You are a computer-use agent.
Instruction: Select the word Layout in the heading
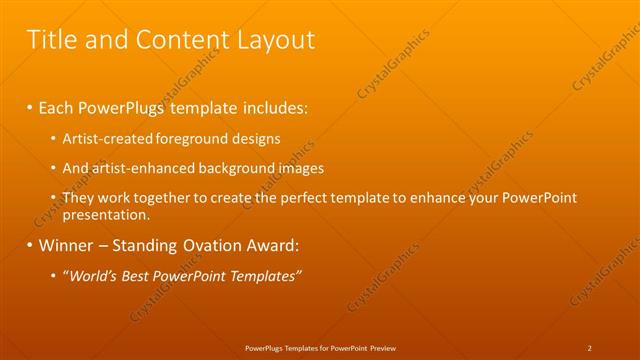coord(275,40)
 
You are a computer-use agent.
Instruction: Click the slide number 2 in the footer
coord(590,348)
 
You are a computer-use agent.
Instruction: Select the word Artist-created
coord(105,138)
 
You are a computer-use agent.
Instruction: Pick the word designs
coord(255,138)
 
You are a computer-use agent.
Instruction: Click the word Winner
coord(67,245)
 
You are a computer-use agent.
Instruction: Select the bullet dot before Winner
coord(30,245)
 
